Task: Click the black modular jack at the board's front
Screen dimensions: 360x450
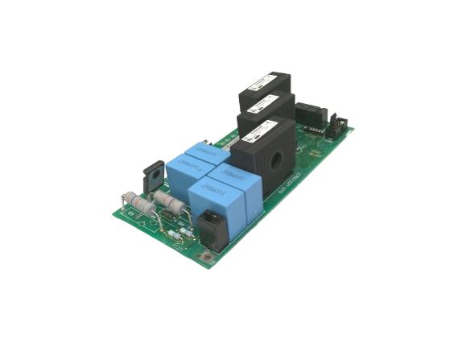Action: pos(211,226)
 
